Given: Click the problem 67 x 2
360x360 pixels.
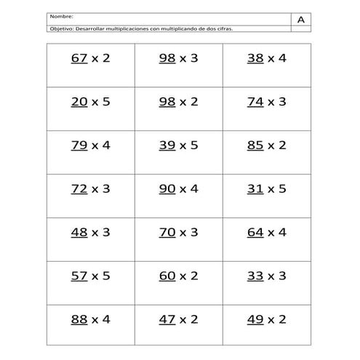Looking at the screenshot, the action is (x=90, y=58).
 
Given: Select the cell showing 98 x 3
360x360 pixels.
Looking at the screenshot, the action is (x=178, y=58).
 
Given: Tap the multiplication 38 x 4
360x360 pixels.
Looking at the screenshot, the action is (x=266, y=58).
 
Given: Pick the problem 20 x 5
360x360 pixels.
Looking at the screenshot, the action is (x=90, y=102).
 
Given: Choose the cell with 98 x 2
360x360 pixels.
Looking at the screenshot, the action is (x=178, y=102).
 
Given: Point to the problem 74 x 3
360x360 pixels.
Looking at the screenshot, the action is (x=266, y=102).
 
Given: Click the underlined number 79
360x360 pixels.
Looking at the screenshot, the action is (x=79, y=145).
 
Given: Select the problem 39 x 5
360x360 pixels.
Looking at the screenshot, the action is (x=178, y=145).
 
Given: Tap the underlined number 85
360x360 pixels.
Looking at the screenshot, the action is (x=255, y=145).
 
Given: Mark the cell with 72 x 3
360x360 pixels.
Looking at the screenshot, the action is (x=90, y=189).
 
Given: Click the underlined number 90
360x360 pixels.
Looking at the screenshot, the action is (x=167, y=189).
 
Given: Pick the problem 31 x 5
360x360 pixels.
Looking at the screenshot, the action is (x=266, y=189).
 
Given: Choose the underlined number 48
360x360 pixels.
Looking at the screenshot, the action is (x=79, y=233).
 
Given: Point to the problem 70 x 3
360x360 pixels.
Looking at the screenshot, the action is (x=178, y=233).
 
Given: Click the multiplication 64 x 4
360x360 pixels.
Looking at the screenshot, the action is (x=266, y=233).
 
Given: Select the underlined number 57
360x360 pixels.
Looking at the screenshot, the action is (x=79, y=276).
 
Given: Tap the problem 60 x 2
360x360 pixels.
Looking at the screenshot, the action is (x=178, y=276).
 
